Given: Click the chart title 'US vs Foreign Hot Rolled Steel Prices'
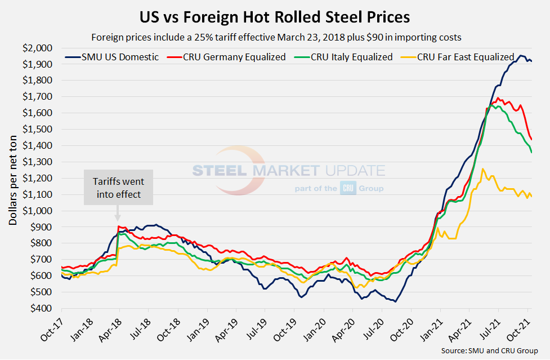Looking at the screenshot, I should (275, 17).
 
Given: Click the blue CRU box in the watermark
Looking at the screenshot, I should (347, 189).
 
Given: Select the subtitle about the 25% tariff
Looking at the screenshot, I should (275, 38).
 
